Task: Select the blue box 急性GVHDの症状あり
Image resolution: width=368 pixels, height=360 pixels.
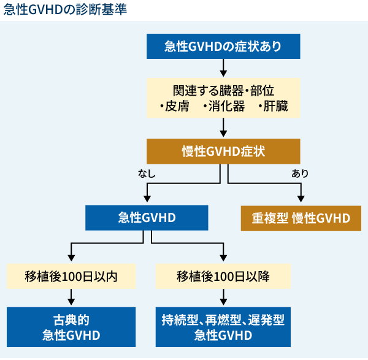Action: pyautogui.click(x=223, y=46)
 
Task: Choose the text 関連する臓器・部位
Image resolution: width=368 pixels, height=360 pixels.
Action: pyautogui.click(x=223, y=89)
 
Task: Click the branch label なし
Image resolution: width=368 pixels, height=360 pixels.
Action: pyautogui.click(x=147, y=174)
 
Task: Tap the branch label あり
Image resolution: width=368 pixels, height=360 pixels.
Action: pyautogui.click(x=300, y=174)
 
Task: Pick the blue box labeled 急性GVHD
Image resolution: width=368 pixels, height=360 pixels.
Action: pyautogui.click(x=147, y=218)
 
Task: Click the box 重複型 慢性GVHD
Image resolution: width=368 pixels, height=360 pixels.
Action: pyautogui.click(x=301, y=218)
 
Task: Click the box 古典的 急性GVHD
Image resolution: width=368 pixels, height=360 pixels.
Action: pyautogui.click(x=71, y=327)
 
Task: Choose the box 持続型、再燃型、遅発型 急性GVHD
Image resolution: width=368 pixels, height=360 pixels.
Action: pyautogui.click(x=223, y=327)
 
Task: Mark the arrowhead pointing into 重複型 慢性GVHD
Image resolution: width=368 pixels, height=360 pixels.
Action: pyautogui.click(x=301, y=199)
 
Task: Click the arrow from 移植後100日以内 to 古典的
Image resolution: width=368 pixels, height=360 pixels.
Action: pyautogui.click(x=71, y=297)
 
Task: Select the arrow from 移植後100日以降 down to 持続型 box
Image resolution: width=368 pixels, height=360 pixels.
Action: pyautogui.click(x=223, y=297)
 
